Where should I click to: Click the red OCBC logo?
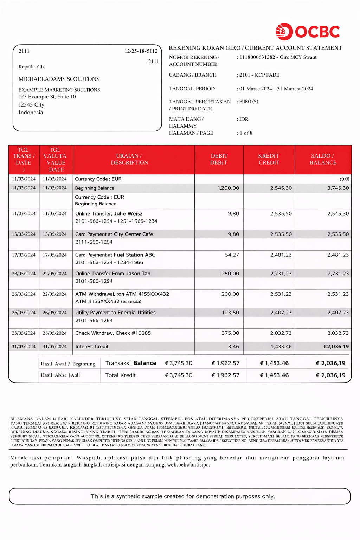coord(308,32)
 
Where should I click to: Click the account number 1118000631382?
coord(257,57)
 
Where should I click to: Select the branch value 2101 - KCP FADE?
coord(259,75)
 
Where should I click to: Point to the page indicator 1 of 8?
coord(246,133)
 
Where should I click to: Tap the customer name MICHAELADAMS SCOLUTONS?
coord(59,79)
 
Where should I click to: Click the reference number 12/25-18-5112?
coord(141,51)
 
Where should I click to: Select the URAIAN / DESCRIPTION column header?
coord(129,159)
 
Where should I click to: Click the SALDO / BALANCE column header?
coord(323,159)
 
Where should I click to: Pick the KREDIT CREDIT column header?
coord(269,159)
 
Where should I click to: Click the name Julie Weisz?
coord(128,213)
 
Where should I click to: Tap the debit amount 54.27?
coord(232,255)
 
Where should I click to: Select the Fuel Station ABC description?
coord(135,255)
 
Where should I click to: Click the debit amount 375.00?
coord(230,333)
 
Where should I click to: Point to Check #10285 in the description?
coord(133,333)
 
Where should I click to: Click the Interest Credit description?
coord(92,347)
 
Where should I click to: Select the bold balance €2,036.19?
coord(336,347)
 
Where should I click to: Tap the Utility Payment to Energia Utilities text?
coord(115,313)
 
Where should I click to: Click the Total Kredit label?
coord(121,375)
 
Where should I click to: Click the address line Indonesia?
coord(31,112)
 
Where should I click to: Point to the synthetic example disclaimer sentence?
coord(183,496)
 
